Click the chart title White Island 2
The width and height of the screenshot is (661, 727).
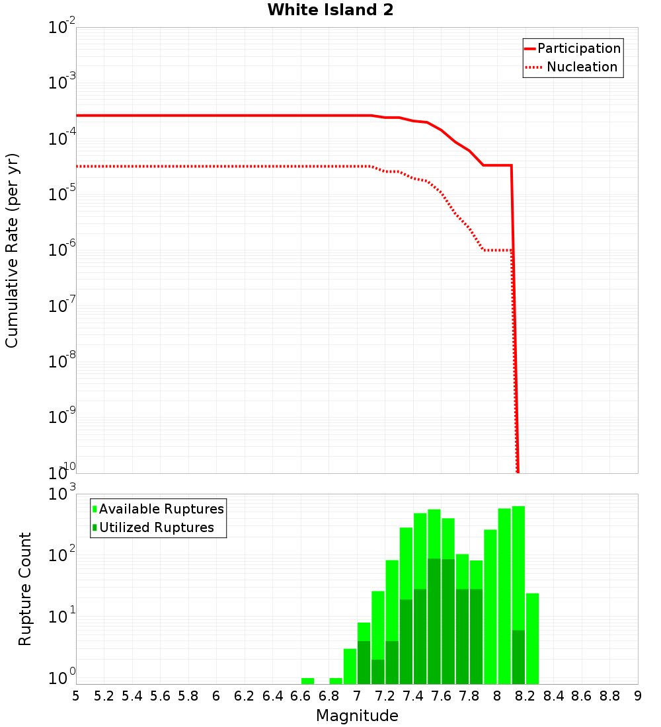click(x=330, y=10)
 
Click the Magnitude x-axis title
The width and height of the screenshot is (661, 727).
click(x=357, y=715)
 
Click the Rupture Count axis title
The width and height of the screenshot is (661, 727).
click(x=25, y=588)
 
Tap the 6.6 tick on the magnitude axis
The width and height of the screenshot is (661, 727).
click(x=301, y=696)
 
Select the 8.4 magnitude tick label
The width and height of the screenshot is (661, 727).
click(x=553, y=696)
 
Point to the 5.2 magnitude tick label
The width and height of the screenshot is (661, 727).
click(x=104, y=696)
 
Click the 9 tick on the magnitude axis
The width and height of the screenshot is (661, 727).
click(x=638, y=696)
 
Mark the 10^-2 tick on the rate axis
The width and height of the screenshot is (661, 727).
click(x=62, y=28)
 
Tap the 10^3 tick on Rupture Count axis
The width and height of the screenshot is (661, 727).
click(x=62, y=494)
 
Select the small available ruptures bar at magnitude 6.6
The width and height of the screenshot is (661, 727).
click(x=307, y=681)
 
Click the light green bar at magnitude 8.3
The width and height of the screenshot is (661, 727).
click(x=533, y=638)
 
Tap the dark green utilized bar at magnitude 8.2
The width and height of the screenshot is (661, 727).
click(x=518, y=657)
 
